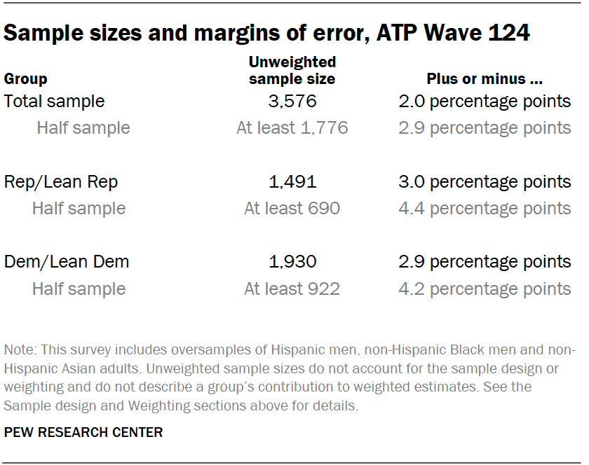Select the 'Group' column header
(x=26, y=79)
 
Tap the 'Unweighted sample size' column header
(x=292, y=71)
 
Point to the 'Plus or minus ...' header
(x=485, y=79)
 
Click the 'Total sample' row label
(x=54, y=102)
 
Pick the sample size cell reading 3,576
(x=292, y=102)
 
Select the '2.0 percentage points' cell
(x=485, y=102)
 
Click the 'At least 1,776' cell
(x=292, y=128)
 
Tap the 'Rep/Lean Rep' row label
(x=61, y=182)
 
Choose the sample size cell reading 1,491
(x=292, y=182)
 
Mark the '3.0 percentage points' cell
(x=485, y=182)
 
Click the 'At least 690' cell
(x=292, y=209)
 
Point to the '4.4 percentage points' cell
(x=485, y=209)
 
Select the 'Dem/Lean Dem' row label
(x=67, y=262)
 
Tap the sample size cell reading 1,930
(x=292, y=262)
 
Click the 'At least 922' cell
(x=292, y=289)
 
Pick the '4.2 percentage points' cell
(x=485, y=289)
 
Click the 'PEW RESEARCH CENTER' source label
(x=83, y=433)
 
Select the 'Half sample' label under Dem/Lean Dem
(x=79, y=289)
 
